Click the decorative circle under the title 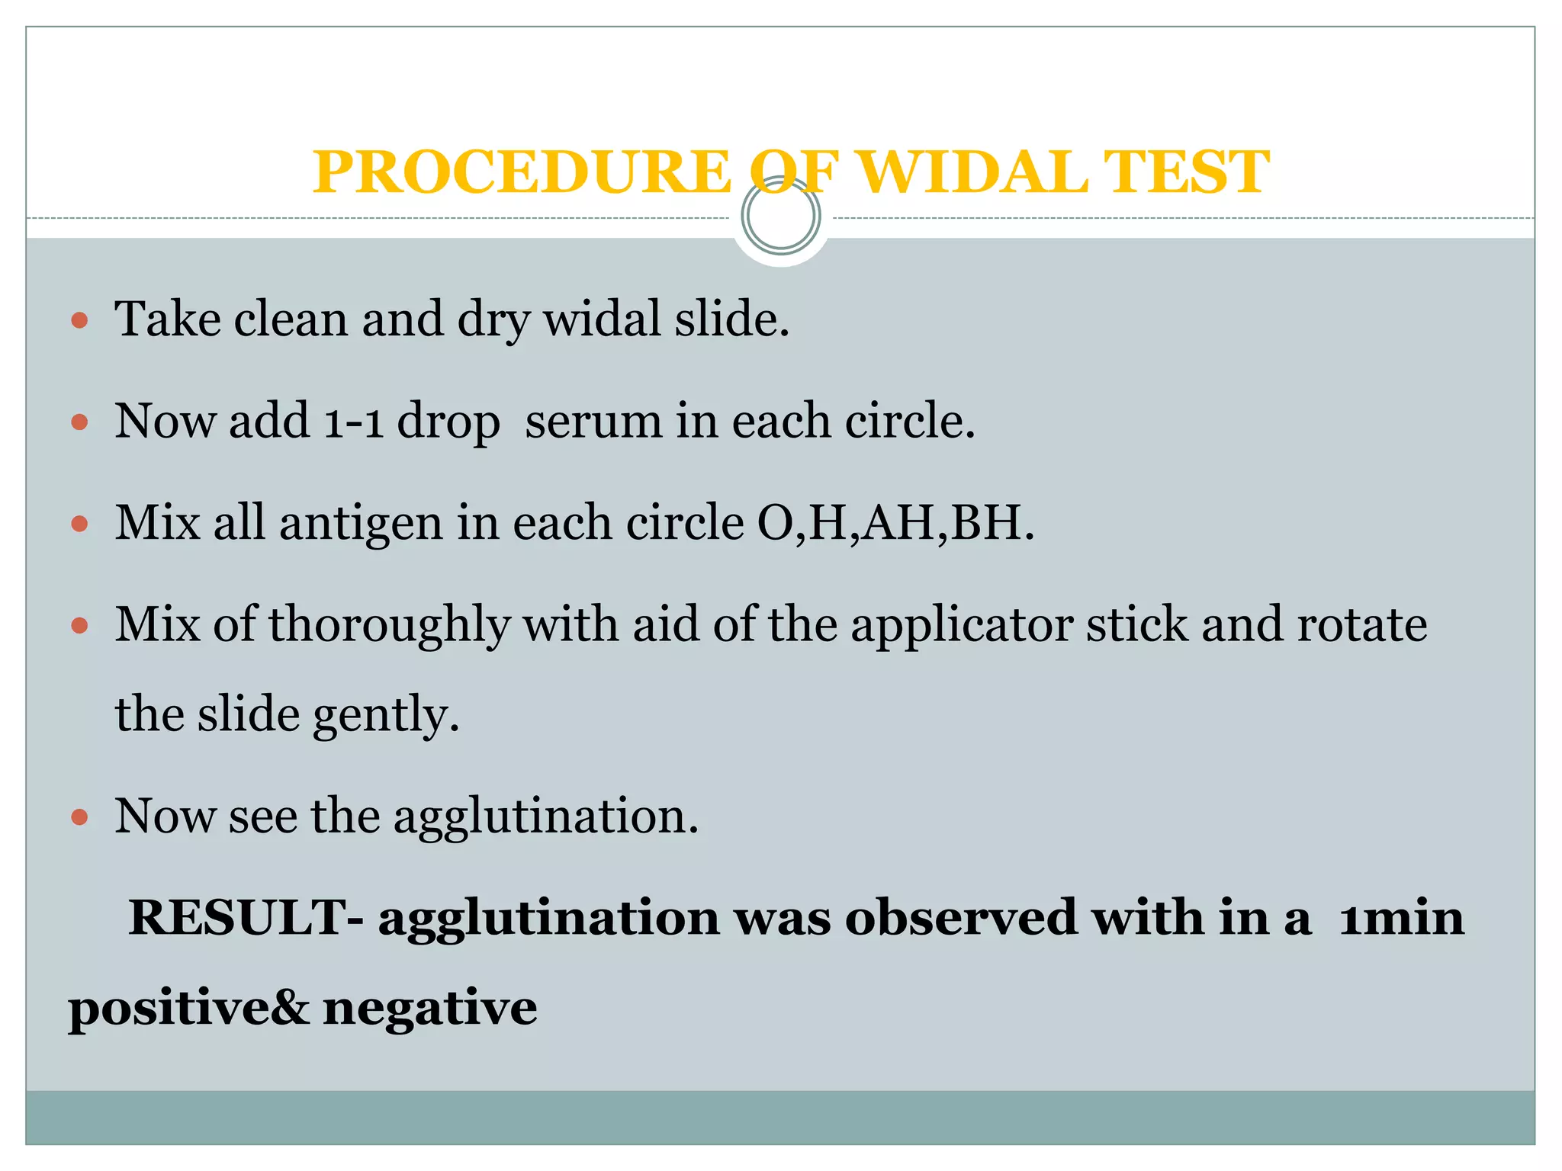point(781,216)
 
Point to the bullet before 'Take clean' point(79,319)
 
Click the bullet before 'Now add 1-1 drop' point(79,422)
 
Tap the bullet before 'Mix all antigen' point(79,524)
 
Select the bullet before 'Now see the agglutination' point(79,817)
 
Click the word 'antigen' point(361,525)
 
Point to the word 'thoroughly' point(388,625)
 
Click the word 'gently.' point(386,715)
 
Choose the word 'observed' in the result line point(960,917)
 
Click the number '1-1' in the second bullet point(353,422)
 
